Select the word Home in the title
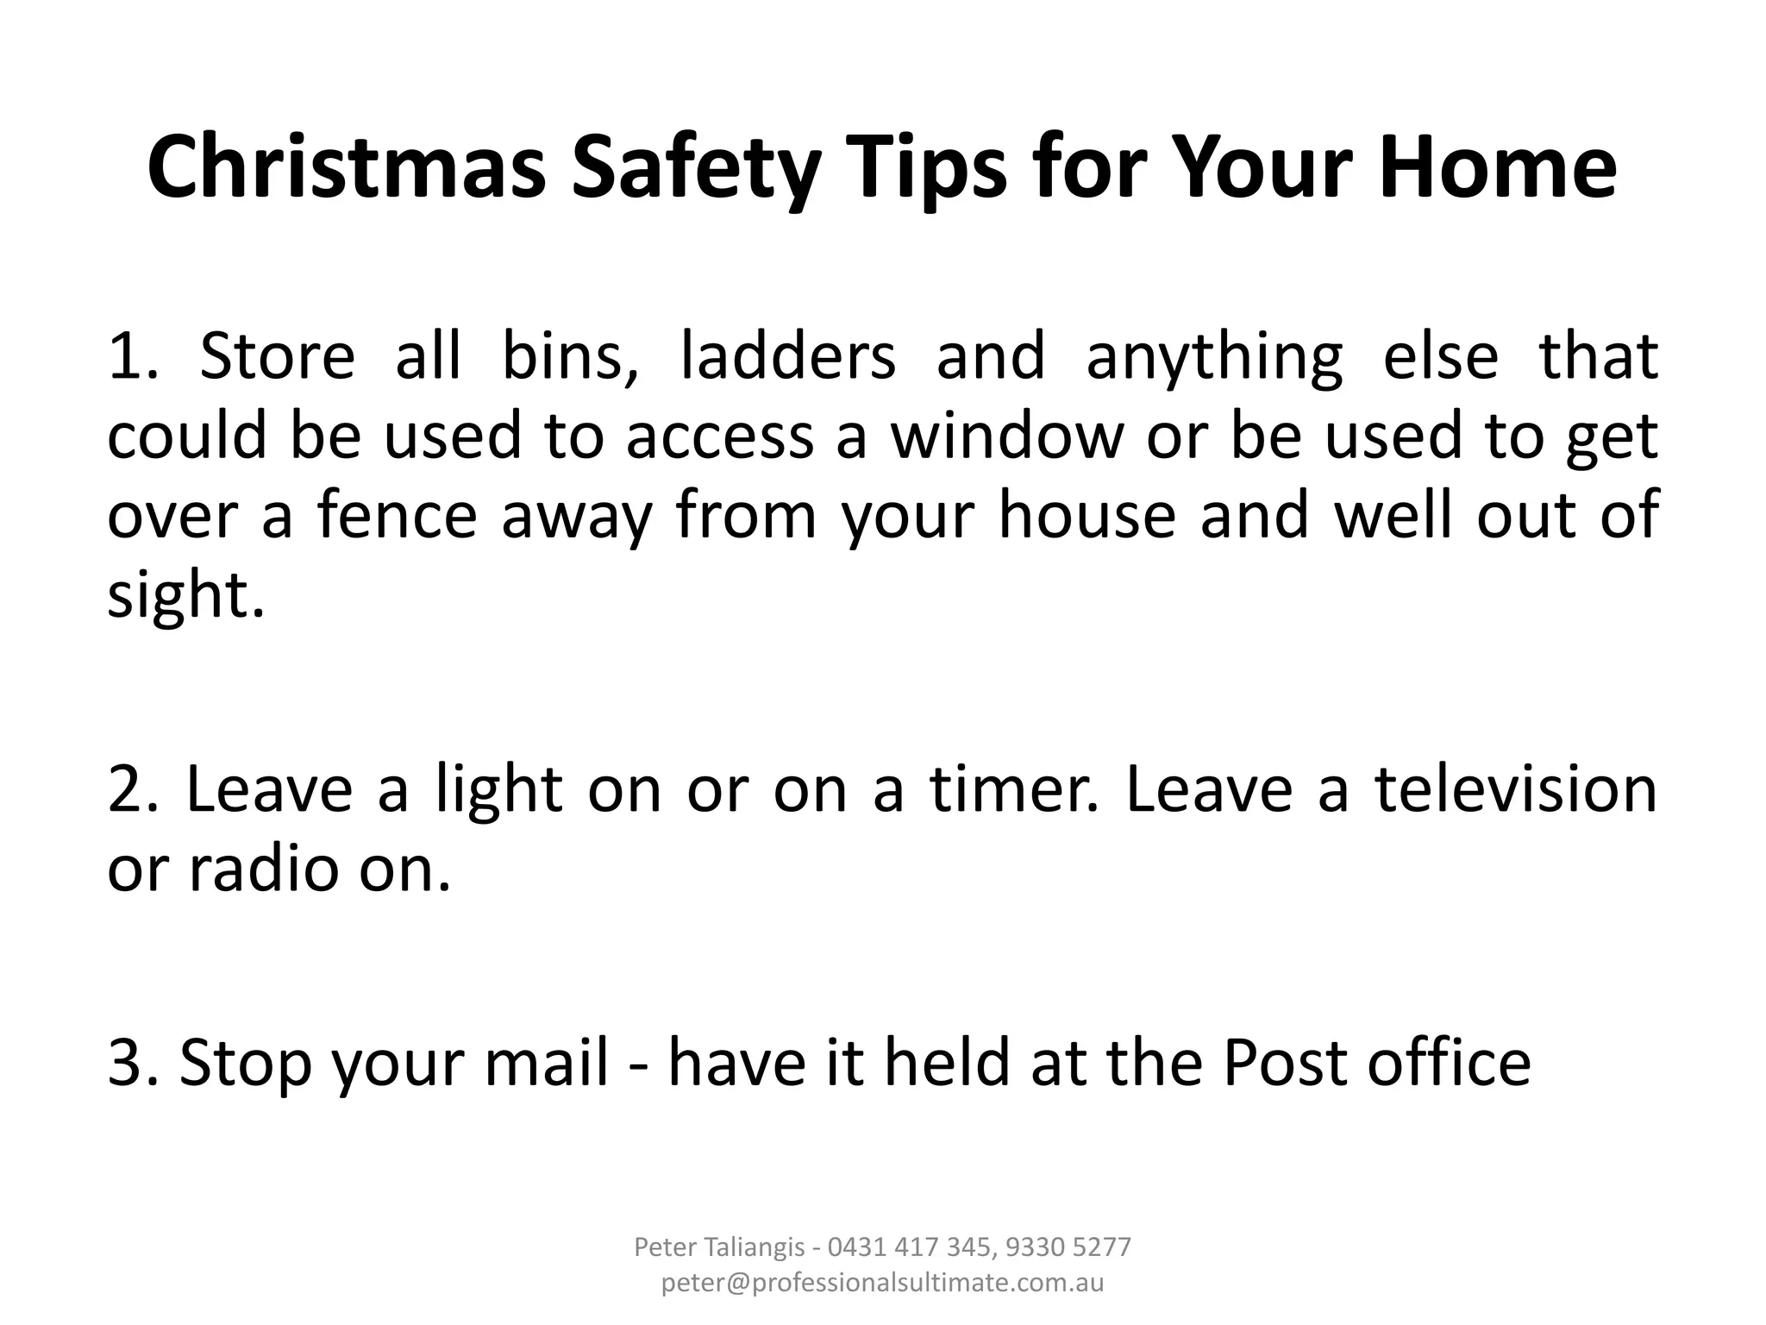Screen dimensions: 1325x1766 1497,167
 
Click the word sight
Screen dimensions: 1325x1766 185,595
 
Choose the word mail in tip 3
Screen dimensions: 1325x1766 547,1063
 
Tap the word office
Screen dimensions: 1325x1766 1449,1063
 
